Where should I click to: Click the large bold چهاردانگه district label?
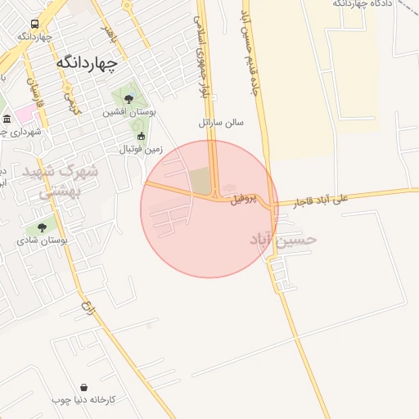click(87, 62)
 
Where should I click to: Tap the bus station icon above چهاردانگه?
click(34, 25)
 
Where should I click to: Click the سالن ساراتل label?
click(221, 123)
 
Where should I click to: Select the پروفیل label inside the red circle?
click(243, 199)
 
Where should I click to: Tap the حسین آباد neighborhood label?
click(282, 239)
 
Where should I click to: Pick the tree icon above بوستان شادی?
click(42, 228)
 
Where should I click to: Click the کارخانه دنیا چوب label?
click(84, 399)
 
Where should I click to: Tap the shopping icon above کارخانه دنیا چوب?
click(84, 386)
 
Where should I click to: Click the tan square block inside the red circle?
click(200, 181)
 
